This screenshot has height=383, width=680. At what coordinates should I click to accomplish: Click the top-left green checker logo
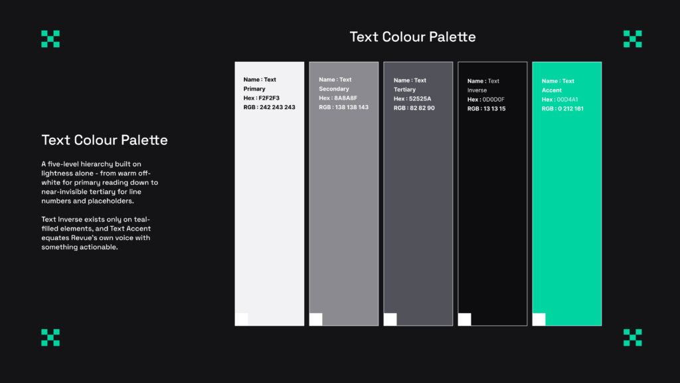50,39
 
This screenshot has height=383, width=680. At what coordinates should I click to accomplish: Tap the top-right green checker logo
632,39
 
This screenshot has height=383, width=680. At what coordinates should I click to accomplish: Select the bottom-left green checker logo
50,337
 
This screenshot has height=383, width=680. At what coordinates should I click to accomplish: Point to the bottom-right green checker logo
632,337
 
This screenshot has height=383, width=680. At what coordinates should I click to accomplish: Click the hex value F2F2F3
270,98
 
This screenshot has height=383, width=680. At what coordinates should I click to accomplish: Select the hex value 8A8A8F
345,98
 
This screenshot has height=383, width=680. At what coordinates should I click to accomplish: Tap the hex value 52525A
420,99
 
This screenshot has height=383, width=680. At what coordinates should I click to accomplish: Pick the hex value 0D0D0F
493,100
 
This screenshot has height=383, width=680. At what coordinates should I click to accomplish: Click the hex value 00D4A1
567,100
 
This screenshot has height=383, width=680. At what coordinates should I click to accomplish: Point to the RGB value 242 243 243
278,107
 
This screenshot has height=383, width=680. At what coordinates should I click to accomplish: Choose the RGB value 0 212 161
570,108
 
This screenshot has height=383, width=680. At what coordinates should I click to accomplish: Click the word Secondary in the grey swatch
334,89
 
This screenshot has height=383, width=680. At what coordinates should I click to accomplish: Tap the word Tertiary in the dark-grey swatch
404,90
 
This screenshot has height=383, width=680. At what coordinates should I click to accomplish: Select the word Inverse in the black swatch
477,90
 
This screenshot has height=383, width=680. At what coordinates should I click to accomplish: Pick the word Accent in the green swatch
552,90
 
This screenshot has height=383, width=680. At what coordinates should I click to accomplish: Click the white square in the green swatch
539,319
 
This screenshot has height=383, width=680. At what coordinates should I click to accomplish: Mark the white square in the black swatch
464,319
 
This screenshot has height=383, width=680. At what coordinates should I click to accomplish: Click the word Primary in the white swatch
254,89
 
